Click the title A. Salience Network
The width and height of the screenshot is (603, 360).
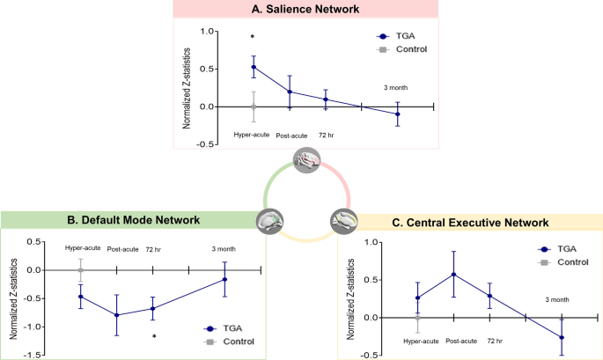coord(302,10)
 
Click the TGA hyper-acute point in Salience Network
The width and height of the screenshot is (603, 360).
coord(254,67)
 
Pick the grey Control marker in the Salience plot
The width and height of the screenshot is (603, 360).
coord(254,107)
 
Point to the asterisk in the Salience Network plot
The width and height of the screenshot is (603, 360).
coord(254,38)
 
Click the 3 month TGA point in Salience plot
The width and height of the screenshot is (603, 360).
coord(398,114)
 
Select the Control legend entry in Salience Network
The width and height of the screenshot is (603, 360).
coord(408,49)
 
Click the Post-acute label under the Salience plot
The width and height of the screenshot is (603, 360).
coord(292,136)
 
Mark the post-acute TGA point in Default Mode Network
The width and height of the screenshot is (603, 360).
coord(117,315)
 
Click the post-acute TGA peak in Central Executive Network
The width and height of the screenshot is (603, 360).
coord(452,274)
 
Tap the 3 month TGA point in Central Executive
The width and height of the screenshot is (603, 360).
coord(562,337)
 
